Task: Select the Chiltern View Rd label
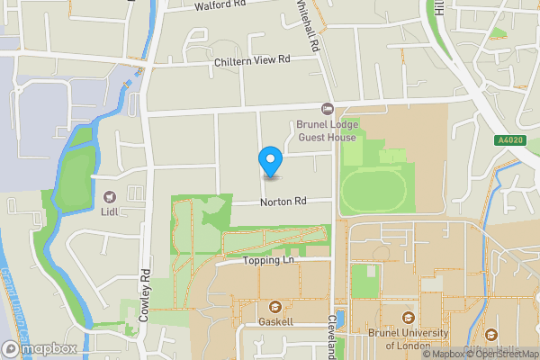(252, 61)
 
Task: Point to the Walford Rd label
(220, 6)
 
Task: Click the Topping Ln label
(268, 261)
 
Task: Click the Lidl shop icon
(112, 196)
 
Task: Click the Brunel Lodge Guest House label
(322, 131)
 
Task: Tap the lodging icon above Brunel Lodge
(328, 109)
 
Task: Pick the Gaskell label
(275, 320)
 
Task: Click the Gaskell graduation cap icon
(275, 305)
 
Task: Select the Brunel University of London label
(409, 338)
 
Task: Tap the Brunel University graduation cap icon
(409, 318)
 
